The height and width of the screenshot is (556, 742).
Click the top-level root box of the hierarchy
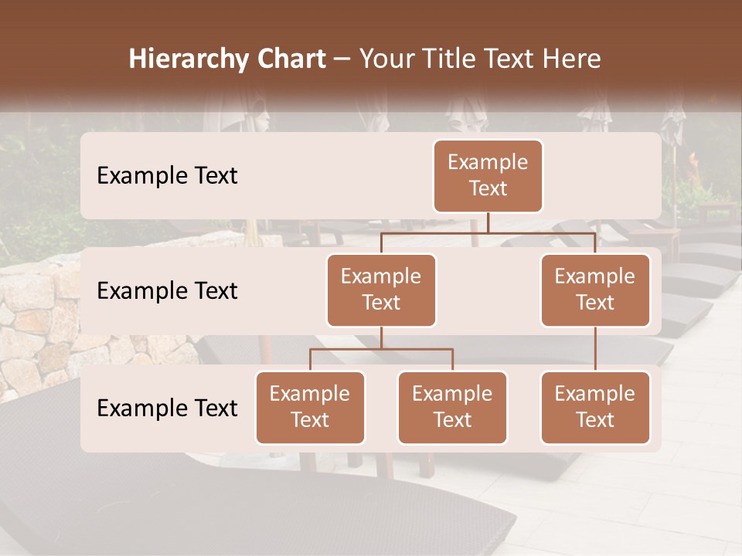pos(488,175)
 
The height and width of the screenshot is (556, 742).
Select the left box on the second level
pos(381,290)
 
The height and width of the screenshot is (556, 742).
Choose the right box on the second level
pos(595,290)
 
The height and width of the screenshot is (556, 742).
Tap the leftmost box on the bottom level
pos(310,407)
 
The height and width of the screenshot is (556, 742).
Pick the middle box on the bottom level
pos(452,407)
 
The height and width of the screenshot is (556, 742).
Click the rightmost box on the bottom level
pos(595,407)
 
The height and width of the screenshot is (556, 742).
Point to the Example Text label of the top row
pos(167,176)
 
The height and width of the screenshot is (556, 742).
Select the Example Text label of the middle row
pos(167,291)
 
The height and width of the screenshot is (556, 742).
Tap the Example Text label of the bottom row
pos(167,409)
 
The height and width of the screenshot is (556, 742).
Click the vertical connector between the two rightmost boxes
pos(595,349)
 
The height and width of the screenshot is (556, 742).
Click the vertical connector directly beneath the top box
pos(488,222)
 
